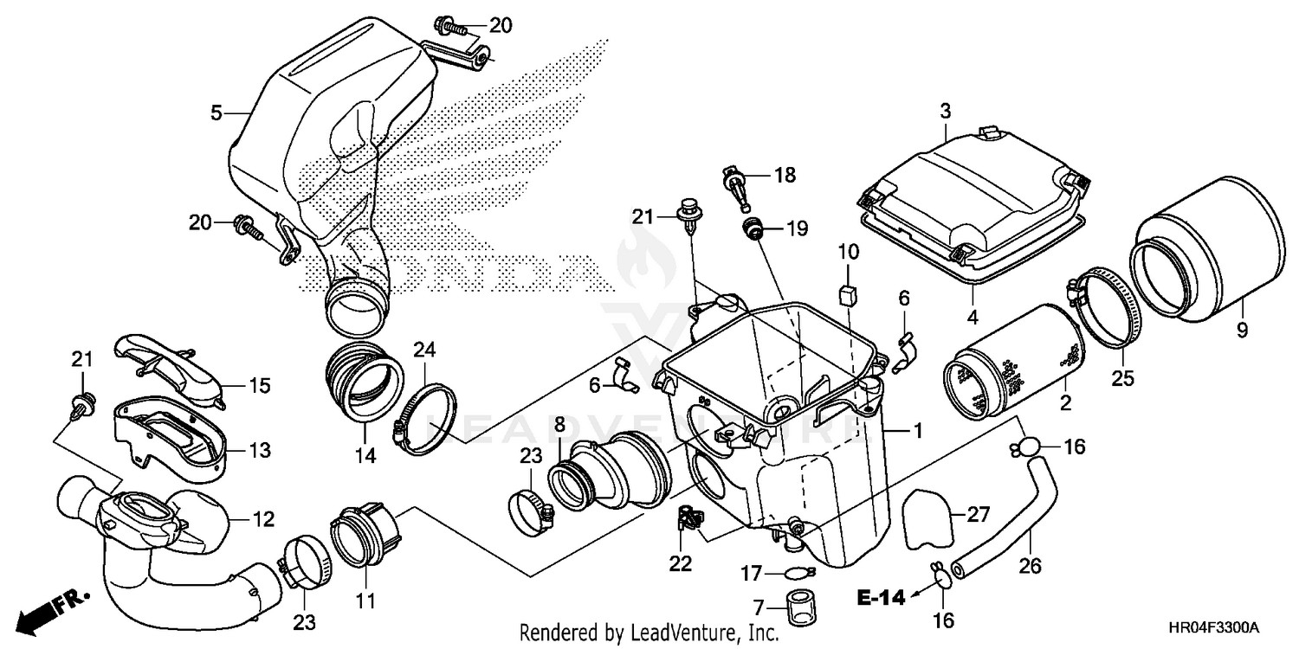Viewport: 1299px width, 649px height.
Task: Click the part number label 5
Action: tap(217, 112)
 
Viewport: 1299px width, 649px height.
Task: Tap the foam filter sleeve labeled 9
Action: tap(1204, 251)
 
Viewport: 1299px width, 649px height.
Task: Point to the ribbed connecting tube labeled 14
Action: tap(365, 381)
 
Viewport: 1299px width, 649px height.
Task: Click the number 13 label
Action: tap(259, 451)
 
